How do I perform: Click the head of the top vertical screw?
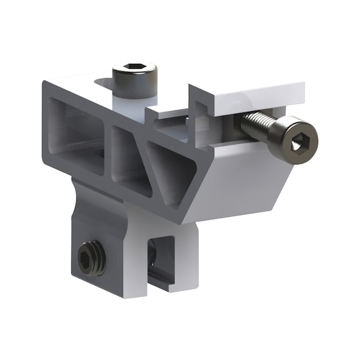[135, 76]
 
